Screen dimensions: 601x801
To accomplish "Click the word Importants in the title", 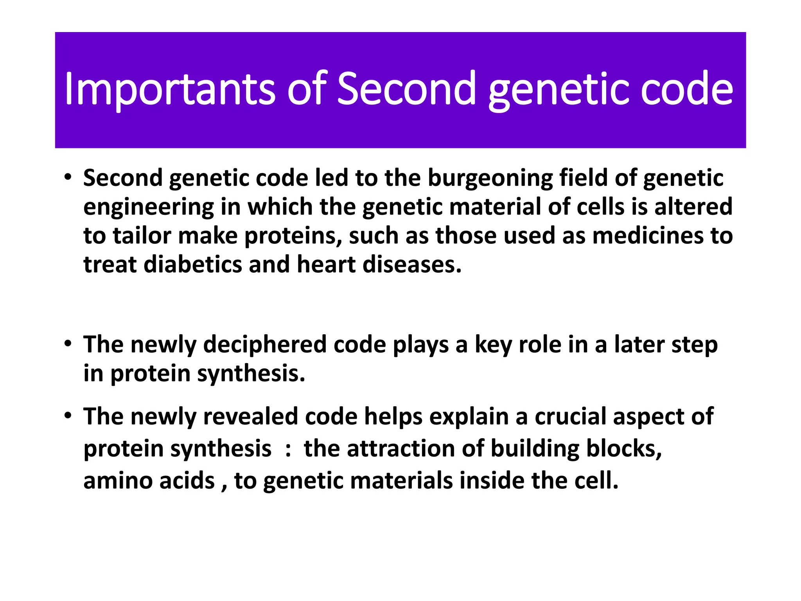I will (x=170, y=89).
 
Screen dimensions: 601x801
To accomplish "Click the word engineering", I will (x=149, y=207).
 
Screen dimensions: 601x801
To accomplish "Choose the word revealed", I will (x=250, y=416).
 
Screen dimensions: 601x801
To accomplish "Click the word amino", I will (x=118, y=480).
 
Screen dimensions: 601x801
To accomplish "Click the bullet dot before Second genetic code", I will (x=68, y=177).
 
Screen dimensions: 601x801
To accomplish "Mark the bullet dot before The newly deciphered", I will (x=68, y=344).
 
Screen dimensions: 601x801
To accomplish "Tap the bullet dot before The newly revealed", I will (x=68, y=415).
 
